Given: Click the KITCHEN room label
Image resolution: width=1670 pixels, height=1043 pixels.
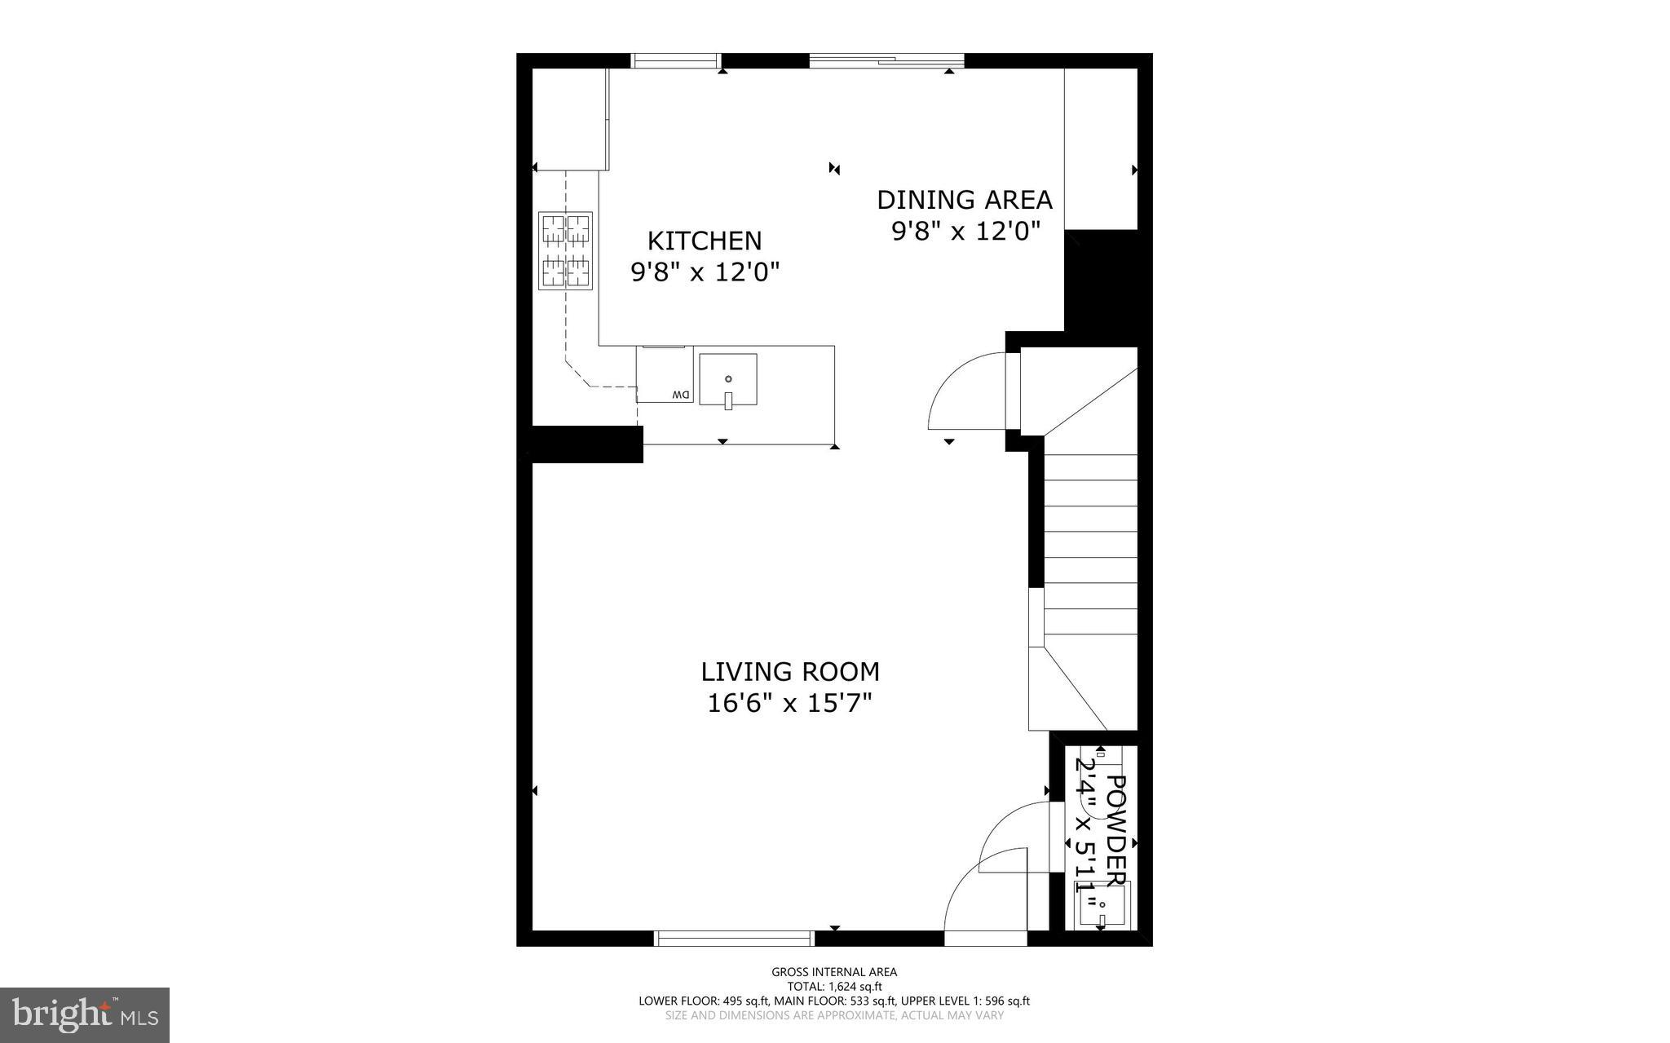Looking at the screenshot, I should pyautogui.click(x=705, y=241).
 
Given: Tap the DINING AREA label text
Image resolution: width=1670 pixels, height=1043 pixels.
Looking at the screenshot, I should pyautogui.click(x=964, y=200).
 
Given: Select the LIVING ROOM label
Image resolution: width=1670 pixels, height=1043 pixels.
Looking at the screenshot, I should pyautogui.click(x=789, y=672).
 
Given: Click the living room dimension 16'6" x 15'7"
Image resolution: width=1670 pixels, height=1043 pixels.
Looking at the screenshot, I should pyautogui.click(x=789, y=703).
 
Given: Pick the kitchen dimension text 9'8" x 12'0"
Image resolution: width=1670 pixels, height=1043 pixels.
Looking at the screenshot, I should pyautogui.click(x=705, y=272).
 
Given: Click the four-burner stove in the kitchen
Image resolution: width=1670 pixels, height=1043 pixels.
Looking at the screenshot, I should pyautogui.click(x=565, y=250).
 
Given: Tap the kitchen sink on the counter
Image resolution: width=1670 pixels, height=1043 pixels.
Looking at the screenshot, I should pyautogui.click(x=728, y=379).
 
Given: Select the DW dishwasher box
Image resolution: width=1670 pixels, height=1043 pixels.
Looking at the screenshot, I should pyautogui.click(x=665, y=375).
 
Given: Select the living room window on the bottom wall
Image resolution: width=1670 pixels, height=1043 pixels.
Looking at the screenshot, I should pyautogui.click(x=735, y=939).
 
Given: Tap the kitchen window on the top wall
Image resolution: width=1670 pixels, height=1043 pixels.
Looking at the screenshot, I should pyautogui.click(x=677, y=60).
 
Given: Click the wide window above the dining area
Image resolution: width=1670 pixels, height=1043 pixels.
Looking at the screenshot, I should pyautogui.click(x=886, y=60).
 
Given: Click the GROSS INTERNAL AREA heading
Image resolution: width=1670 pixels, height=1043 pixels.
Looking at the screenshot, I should pyautogui.click(x=834, y=971).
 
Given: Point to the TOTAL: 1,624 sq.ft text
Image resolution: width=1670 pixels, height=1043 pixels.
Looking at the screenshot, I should pyautogui.click(x=834, y=986).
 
